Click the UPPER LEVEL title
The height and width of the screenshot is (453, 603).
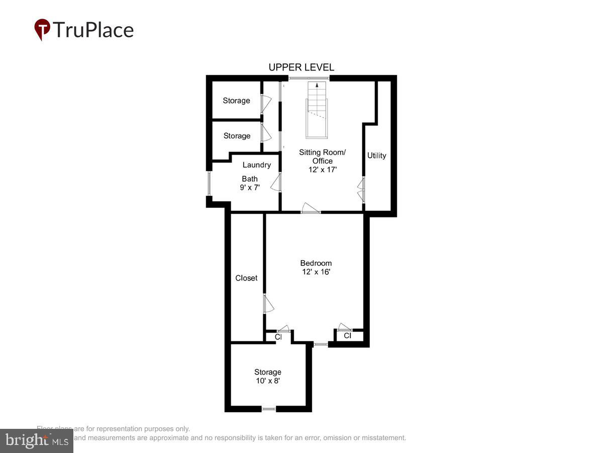pos(301,67)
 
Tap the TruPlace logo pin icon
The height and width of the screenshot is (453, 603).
pos(42,29)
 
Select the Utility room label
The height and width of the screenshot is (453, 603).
pos(376,156)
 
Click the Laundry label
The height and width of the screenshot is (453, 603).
pos(256,165)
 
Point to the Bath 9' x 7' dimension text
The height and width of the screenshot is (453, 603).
pos(250,188)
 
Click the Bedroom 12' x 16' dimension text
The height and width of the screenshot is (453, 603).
pos(316,272)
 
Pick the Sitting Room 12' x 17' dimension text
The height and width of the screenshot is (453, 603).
pos(322,170)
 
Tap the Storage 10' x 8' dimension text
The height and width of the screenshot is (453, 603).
pos(267,381)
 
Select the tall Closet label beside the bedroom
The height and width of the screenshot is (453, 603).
pos(246,278)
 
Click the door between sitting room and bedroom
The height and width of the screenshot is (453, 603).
pos(311,208)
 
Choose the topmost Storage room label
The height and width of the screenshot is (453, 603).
pos(236,101)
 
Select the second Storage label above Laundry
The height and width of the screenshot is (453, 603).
pos(237,136)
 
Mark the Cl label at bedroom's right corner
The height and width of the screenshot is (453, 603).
pos(347,336)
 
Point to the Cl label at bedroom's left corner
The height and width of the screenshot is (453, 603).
pos(278,337)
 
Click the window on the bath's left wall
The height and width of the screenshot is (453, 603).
pos(209,183)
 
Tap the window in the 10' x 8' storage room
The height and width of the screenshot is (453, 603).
pos(269,409)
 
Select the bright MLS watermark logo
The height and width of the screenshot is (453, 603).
pos(36,441)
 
